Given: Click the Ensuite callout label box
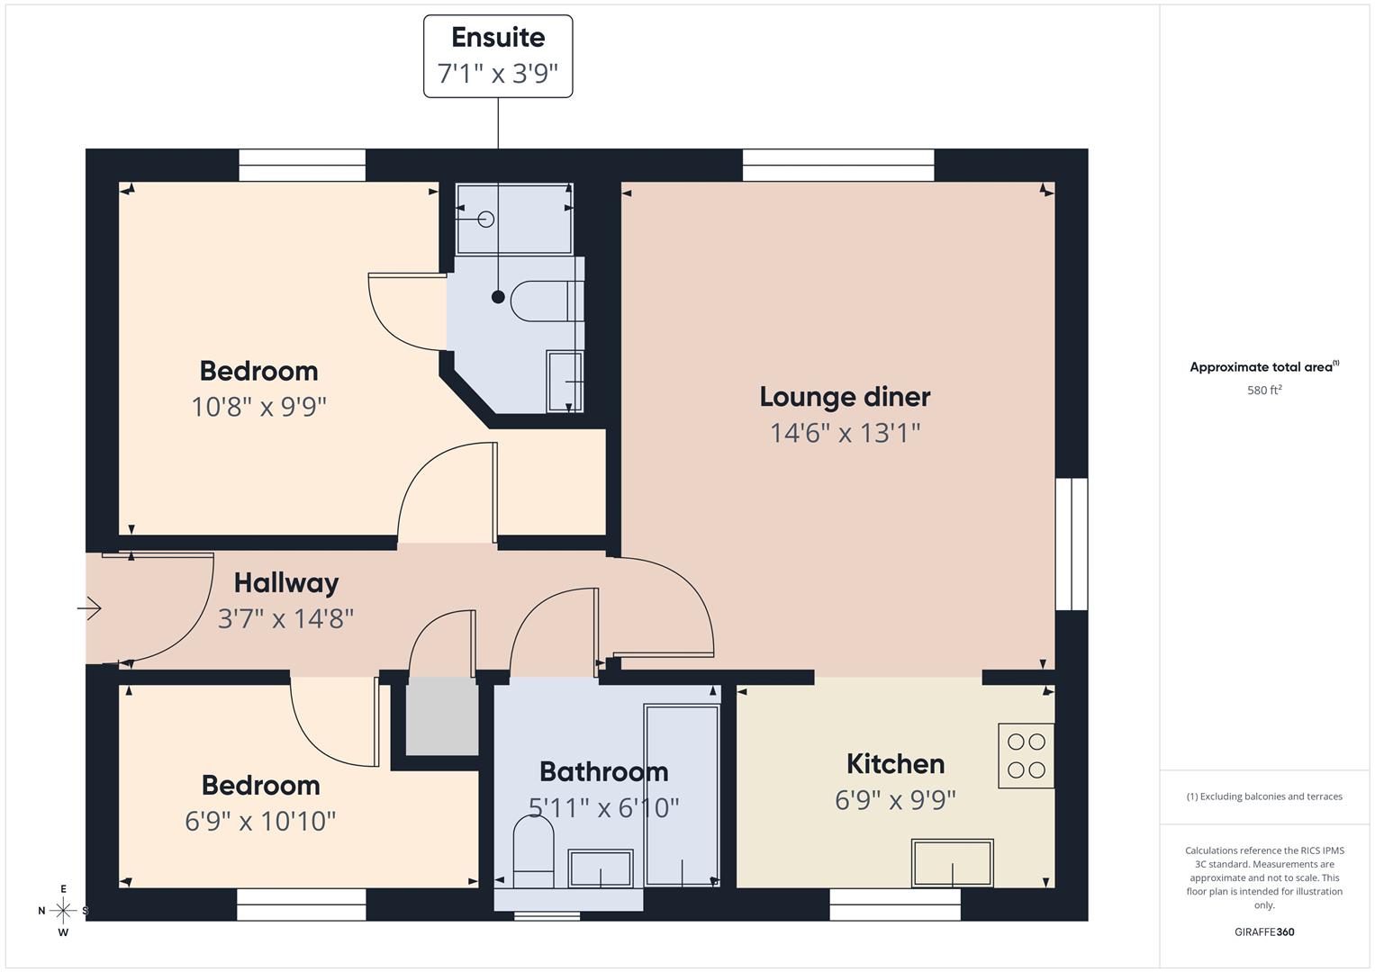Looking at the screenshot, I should click(498, 56).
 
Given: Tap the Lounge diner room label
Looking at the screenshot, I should click(845, 397).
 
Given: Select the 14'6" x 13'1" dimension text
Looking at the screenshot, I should click(845, 434).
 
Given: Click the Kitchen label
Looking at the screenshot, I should click(895, 764).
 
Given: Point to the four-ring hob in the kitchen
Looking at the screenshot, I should click(1027, 756).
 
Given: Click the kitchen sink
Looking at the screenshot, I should click(953, 864).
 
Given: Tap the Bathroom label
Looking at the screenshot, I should click(603, 772).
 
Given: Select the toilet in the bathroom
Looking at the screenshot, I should click(532, 851).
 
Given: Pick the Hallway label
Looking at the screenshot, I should click(286, 583).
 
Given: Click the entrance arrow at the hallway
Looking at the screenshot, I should click(89, 609).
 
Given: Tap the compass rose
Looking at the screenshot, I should click(63, 911).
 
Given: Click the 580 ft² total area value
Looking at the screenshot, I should click(1264, 391).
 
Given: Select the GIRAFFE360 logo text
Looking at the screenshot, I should click(1264, 931).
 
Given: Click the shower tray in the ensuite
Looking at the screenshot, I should click(514, 219).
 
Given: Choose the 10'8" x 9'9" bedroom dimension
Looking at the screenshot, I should click(258, 408).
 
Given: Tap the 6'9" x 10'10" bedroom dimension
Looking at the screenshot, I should click(260, 822).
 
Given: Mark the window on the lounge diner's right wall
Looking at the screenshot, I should click(1072, 544).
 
